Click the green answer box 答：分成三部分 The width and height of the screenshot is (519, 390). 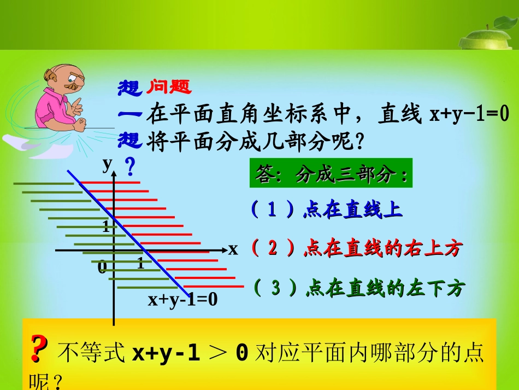[331, 175]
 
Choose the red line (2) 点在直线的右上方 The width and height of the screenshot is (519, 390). [356, 249]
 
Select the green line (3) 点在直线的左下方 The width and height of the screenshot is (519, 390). [358, 288]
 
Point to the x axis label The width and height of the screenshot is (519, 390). [233, 249]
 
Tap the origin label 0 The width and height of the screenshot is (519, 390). [102, 268]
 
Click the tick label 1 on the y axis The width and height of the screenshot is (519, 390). [105, 226]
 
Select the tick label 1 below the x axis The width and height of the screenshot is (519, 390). [140, 264]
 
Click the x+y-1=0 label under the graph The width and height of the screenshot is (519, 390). [182, 299]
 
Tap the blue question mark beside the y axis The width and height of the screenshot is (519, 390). [130, 166]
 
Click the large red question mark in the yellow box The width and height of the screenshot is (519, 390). [37, 348]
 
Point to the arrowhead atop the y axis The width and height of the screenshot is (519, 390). [114, 174]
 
